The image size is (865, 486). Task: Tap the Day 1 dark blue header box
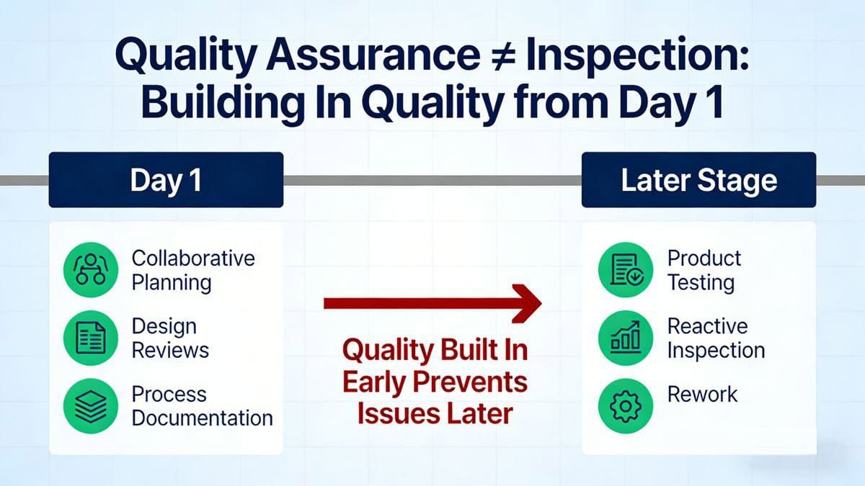tap(166, 180)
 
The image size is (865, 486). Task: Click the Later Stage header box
tap(698, 180)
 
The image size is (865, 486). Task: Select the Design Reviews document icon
tap(89, 338)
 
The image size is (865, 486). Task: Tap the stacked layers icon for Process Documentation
tap(89, 405)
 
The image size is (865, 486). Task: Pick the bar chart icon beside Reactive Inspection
tap(625, 338)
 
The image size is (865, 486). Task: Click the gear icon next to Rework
tap(625, 405)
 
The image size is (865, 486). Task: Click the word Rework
tap(702, 395)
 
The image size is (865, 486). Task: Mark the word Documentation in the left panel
tap(202, 418)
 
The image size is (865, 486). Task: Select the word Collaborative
tap(193, 258)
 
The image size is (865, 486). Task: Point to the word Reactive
tap(707, 326)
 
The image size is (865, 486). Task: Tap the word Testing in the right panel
tap(701, 282)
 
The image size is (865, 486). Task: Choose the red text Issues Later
tap(435, 414)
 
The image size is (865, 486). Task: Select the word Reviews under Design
tap(170, 351)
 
